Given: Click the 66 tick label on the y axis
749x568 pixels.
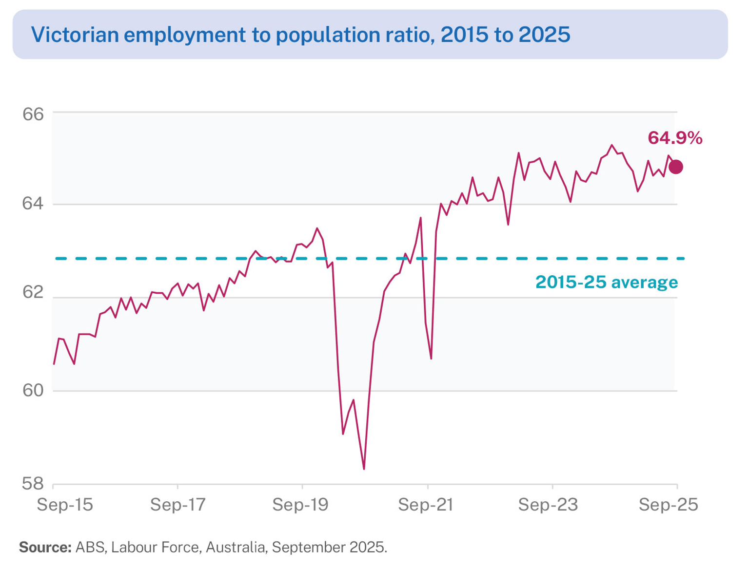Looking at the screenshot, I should point(33,114).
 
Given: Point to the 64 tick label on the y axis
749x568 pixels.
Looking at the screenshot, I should point(33,203).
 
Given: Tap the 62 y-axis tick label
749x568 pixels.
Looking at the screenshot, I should point(33,292).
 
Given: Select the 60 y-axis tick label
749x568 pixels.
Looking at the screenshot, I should point(33,390).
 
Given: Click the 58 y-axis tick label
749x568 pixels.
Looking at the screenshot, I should point(33,483).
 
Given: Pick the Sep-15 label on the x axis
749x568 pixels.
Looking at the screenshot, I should point(65,505).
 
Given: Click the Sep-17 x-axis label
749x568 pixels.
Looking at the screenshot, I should point(178,505).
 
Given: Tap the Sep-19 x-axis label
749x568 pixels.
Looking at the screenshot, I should point(300,505).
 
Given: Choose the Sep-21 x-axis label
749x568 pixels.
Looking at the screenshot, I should point(426,505).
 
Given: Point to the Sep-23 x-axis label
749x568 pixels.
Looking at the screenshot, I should point(548,505).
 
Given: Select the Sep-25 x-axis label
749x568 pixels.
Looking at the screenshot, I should point(669,505).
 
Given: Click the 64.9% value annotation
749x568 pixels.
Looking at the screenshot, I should point(675,138).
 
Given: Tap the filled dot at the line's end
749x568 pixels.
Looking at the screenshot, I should point(676,167).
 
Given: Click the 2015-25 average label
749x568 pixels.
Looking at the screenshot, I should point(607,282).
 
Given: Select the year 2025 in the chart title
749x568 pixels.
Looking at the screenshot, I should point(544,35).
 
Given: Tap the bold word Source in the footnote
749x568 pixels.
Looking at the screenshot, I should point(45,547).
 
